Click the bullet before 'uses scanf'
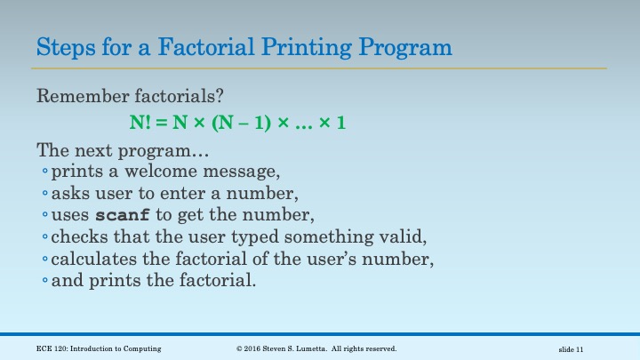[x=45, y=216]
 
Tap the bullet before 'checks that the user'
[x=45, y=238]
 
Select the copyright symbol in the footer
[x=240, y=348]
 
